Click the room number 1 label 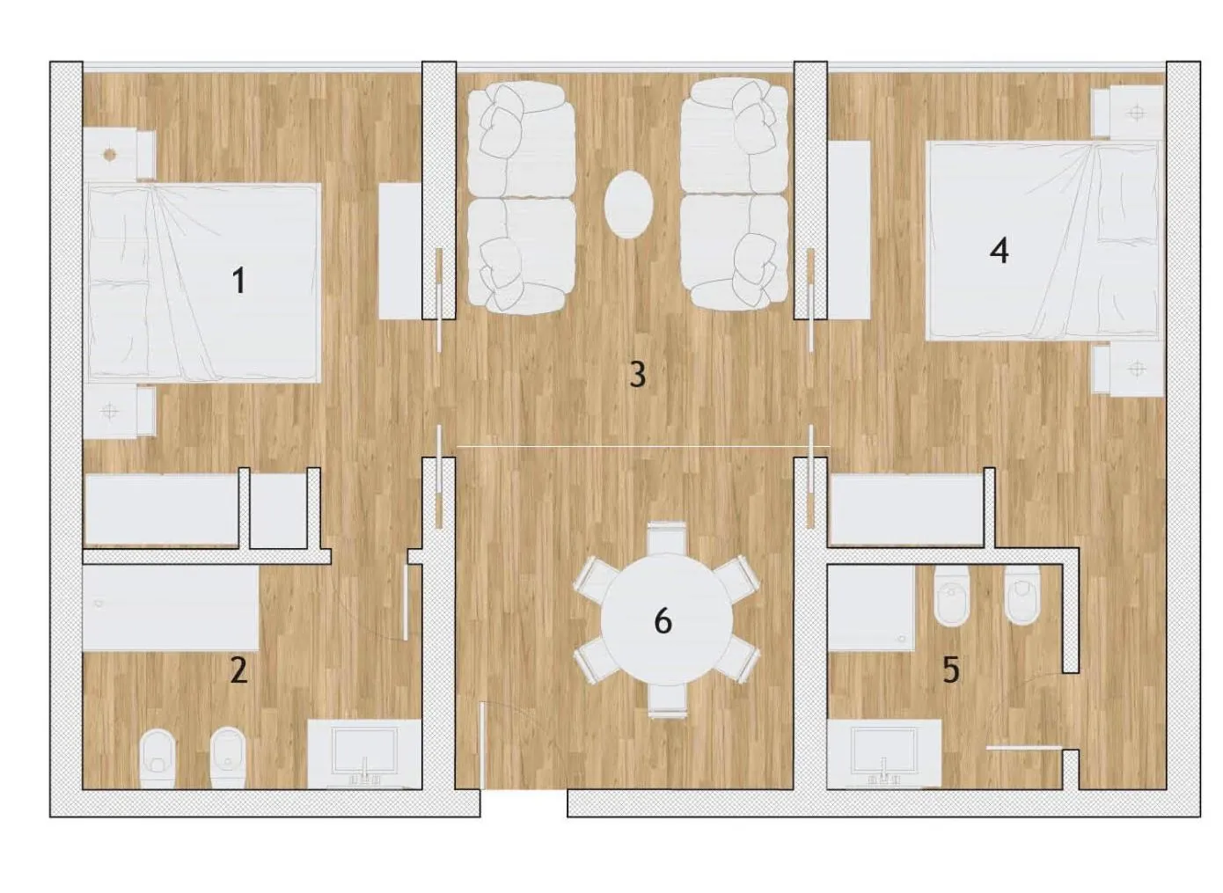coord(239,282)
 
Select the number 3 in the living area coord(637,375)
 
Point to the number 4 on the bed coord(1000,252)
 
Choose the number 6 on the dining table coord(663,621)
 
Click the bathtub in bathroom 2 coord(171,608)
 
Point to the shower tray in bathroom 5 coord(871,608)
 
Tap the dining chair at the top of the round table coord(666,538)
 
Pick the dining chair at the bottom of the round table coord(668,701)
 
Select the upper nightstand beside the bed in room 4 coord(1128,112)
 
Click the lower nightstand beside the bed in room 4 coord(1129,370)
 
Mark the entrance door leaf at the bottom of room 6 coord(482,746)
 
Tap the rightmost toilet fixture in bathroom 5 coord(1022,595)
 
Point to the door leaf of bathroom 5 coord(1024,747)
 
